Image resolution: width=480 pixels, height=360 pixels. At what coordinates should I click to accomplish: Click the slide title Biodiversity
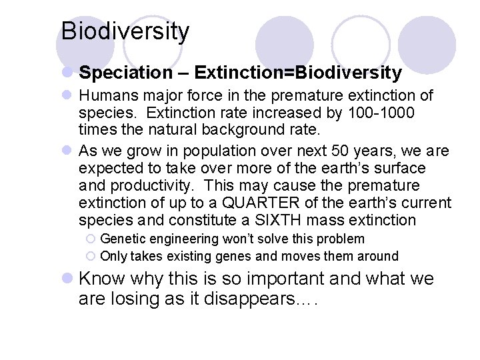(x=125, y=31)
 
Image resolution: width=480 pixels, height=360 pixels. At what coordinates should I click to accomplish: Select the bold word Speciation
(x=115, y=72)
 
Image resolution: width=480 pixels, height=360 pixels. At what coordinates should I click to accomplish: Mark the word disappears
(x=250, y=299)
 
